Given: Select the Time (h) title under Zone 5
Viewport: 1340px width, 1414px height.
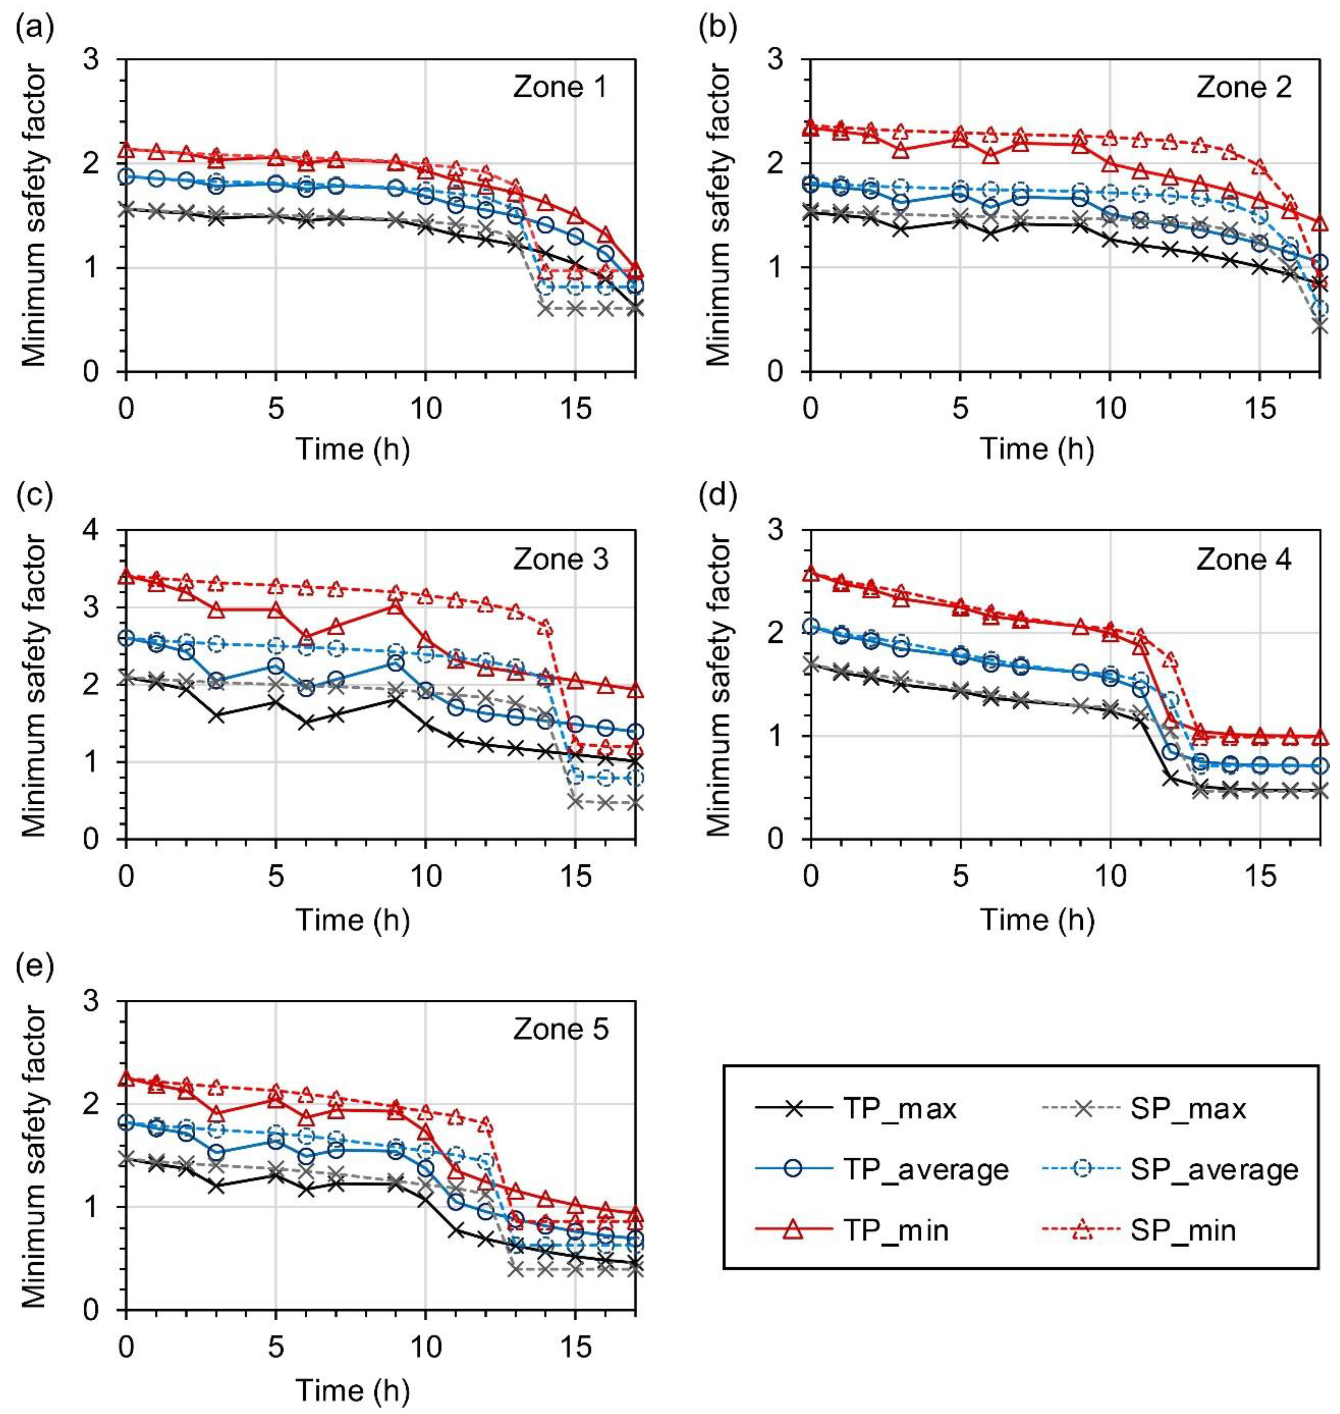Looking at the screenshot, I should [x=353, y=1390].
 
